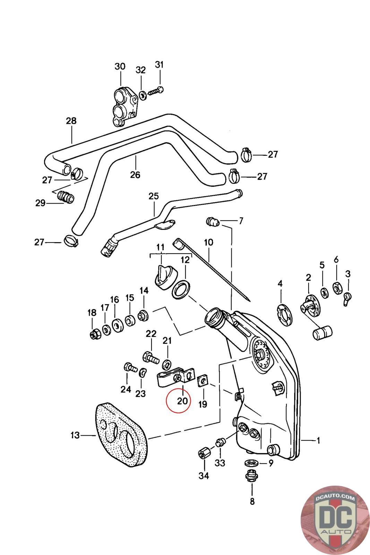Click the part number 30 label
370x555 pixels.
[120, 66]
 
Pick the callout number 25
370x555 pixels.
[154, 196]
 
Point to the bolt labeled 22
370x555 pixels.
[150, 356]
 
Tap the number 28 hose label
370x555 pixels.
[71, 121]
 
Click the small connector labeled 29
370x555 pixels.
[65, 197]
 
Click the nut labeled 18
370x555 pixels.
[95, 334]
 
